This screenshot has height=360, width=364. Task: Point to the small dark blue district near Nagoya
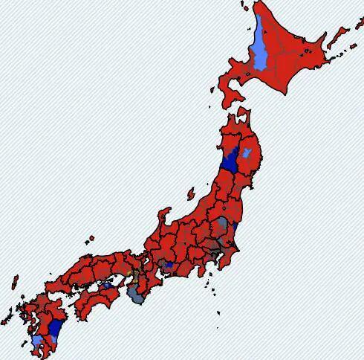169,264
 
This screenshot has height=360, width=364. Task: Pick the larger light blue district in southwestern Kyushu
37,341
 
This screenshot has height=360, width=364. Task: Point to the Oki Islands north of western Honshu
91,240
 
